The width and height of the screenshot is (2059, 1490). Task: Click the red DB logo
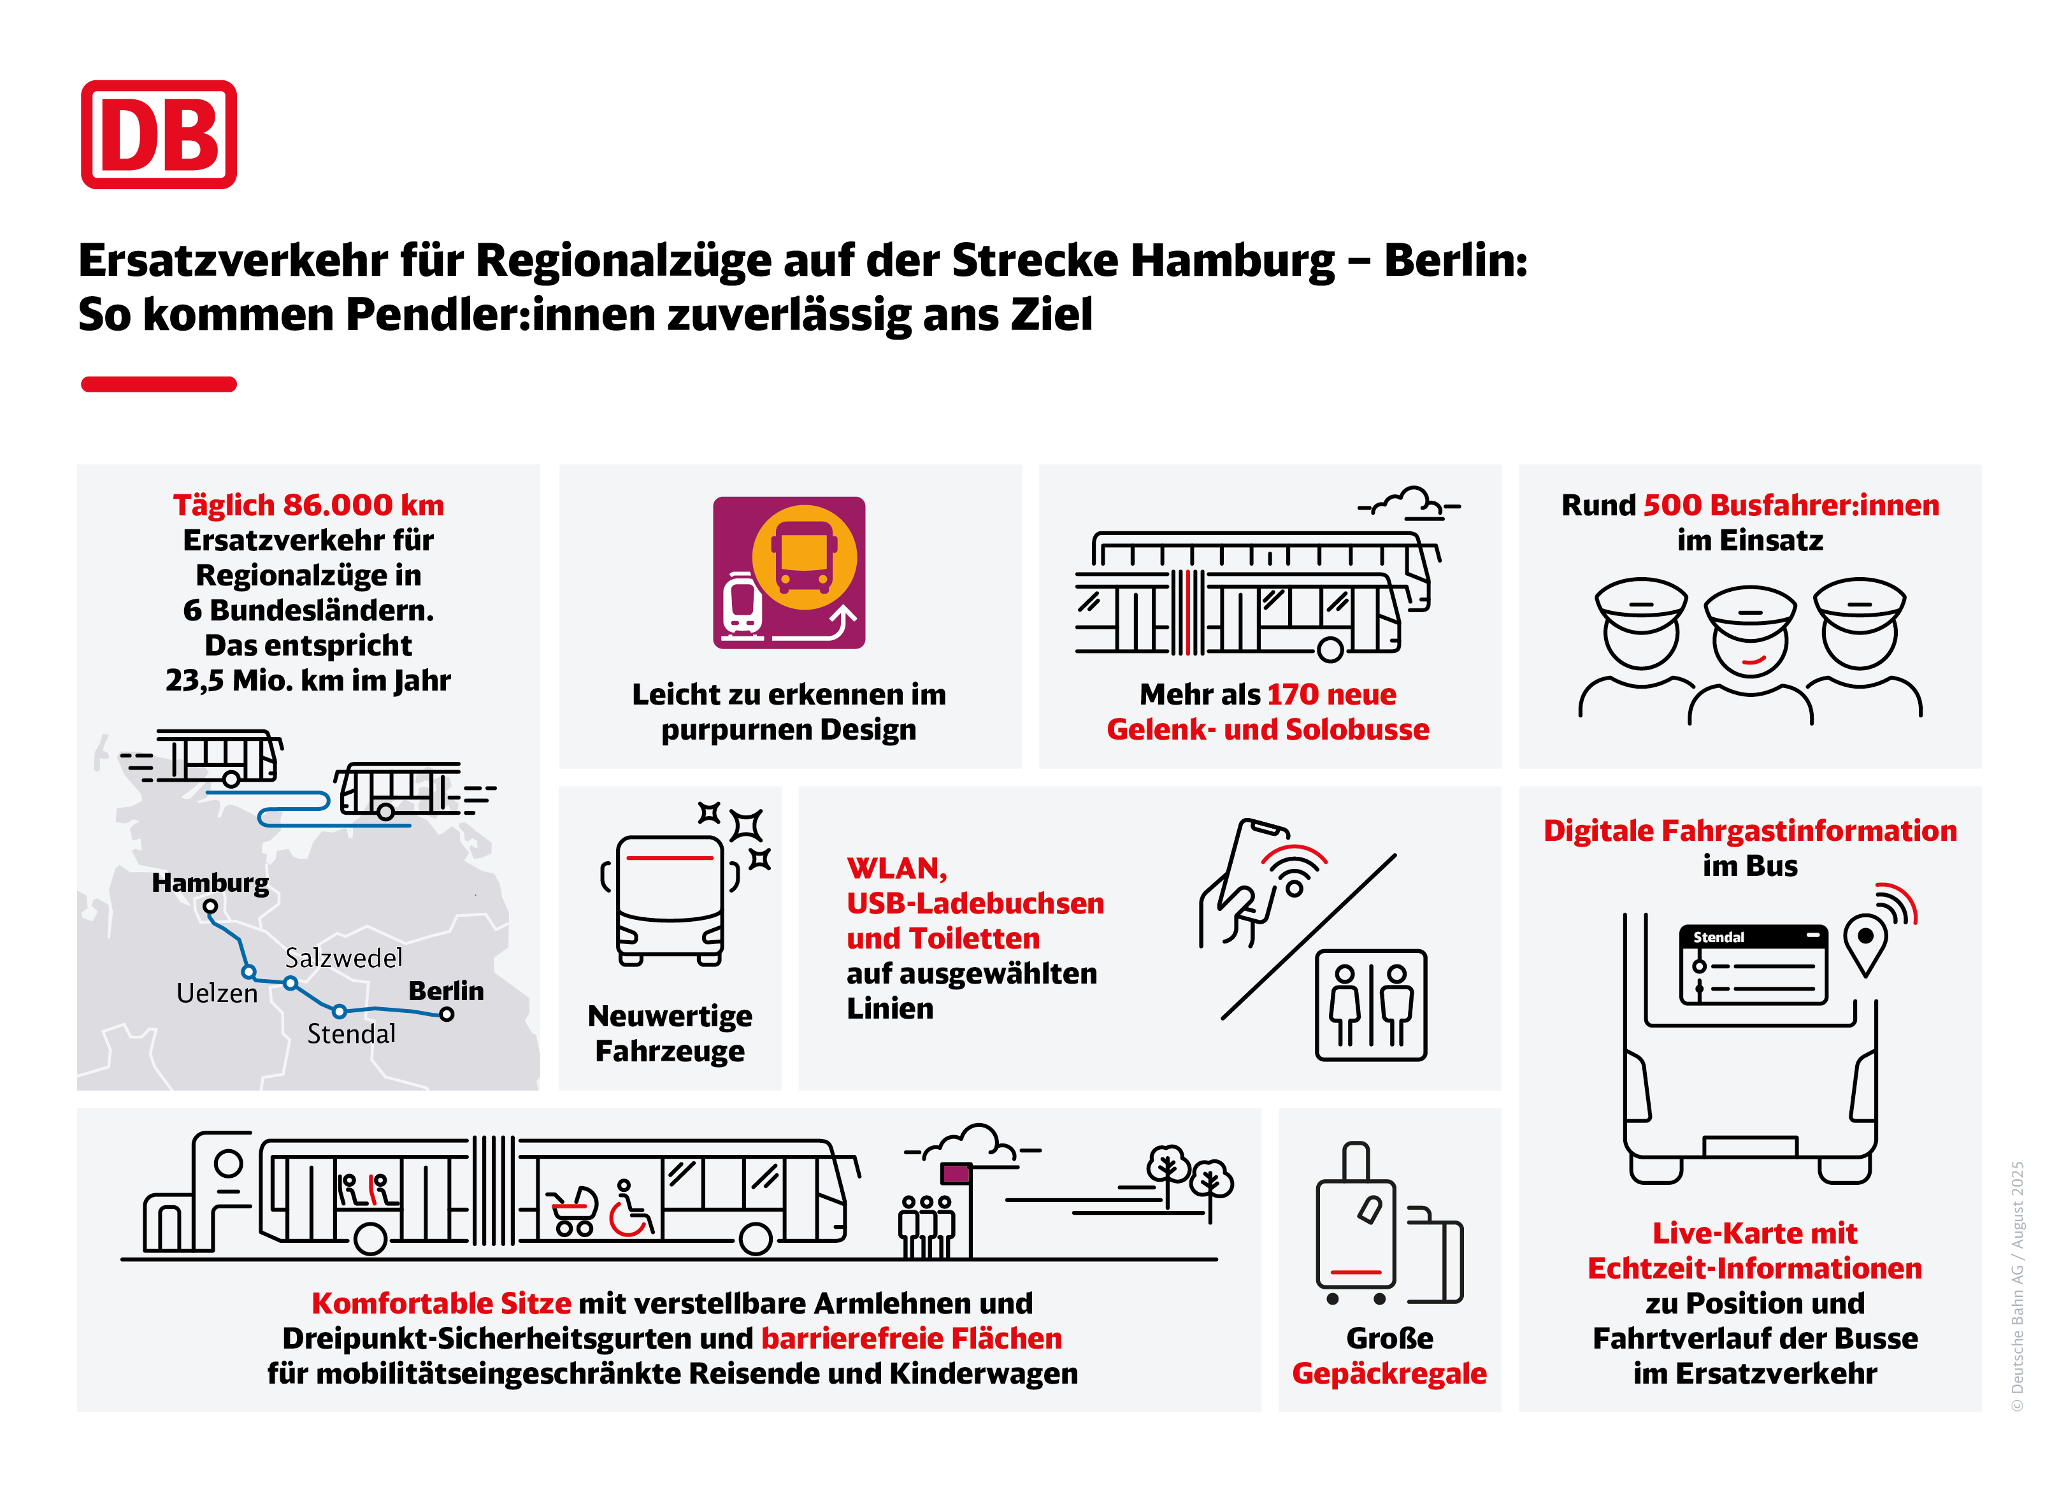159,134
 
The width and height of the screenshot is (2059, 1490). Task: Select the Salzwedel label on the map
343,958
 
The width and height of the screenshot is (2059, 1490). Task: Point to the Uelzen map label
217,993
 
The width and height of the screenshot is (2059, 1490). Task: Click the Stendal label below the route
351,1033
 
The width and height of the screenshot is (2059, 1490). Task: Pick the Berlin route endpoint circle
447,1014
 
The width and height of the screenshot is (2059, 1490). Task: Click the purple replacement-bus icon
789,572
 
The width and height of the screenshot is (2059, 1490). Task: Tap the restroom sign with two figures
1371,1005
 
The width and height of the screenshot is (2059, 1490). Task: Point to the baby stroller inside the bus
575,1211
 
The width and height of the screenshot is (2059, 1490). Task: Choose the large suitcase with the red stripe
1356,1223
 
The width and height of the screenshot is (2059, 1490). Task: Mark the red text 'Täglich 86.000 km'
309,505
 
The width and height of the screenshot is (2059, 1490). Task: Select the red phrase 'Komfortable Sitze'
441,1303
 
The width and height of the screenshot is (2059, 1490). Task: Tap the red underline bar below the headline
159,384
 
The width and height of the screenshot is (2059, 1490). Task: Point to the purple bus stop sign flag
956,1173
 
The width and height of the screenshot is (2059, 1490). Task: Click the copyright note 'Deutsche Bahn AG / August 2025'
2017,1286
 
